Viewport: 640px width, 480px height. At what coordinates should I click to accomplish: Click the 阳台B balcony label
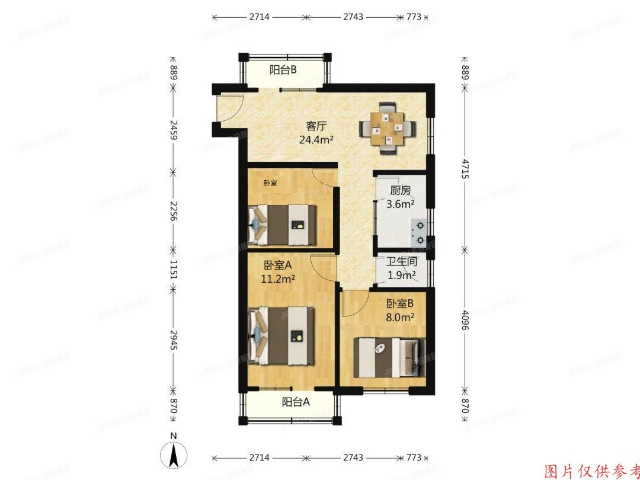tap(283, 70)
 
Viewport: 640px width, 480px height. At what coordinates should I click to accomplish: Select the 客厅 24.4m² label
tap(319, 133)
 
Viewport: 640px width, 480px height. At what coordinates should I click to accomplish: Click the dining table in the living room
tap(388, 128)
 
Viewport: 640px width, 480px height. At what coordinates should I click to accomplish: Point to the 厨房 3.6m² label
tap(400, 198)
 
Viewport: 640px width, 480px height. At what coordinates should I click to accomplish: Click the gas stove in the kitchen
tap(418, 232)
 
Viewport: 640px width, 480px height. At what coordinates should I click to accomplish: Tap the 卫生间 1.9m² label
tap(402, 268)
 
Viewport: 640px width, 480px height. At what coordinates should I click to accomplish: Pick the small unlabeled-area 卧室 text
tap(270, 183)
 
